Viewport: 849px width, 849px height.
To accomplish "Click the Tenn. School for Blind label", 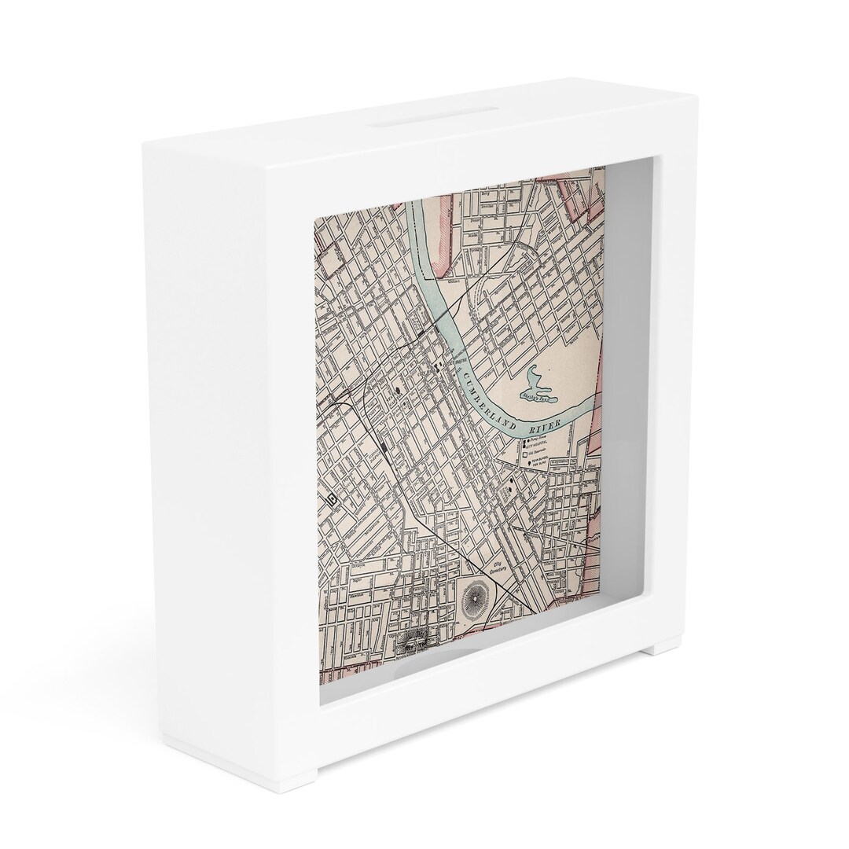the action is click(541, 464).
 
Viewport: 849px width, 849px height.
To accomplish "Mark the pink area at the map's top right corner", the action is click(589, 189).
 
